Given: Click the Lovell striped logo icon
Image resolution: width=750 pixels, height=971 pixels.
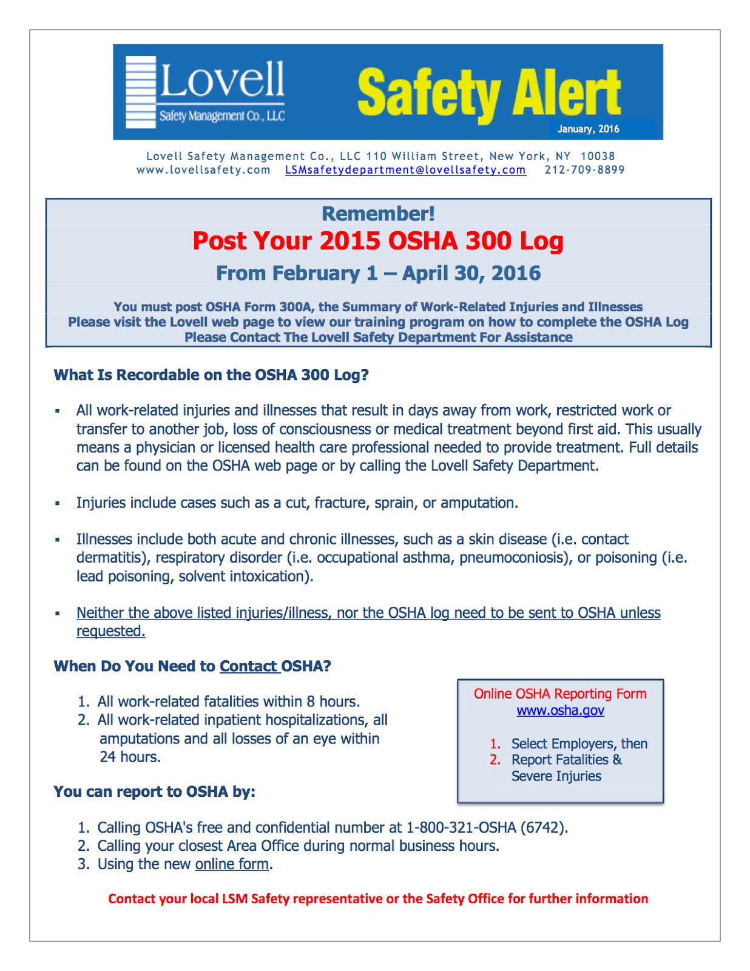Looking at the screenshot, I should pyautogui.click(x=140, y=92).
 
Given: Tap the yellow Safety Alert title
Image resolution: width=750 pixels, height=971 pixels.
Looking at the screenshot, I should pyautogui.click(x=488, y=92).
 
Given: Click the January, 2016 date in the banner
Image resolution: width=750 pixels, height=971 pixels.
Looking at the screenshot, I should pyautogui.click(x=588, y=129).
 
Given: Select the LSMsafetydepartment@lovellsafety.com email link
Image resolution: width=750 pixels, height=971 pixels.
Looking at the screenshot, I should pyautogui.click(x=405, y=170).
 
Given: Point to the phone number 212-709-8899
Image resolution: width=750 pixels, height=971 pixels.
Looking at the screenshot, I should pyautogui.click(x=584, y=170).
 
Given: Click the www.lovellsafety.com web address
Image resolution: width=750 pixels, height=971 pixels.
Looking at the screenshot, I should pyautogui.click(x=203, y=170).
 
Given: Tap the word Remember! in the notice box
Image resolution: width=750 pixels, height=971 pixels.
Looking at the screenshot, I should pyautogui.click(x=378, y=214).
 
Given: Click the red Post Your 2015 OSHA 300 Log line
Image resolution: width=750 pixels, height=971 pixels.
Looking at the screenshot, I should pyautogui.click(x=378, y=241).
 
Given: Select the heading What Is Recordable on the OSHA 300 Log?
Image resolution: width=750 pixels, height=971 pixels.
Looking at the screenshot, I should pyautogui.click(x=211, y=375).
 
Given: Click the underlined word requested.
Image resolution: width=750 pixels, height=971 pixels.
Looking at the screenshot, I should pyautogui.click(x=110, y=631).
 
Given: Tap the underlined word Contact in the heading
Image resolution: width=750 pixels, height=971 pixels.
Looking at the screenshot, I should pyautogui.click(x=248, y=666).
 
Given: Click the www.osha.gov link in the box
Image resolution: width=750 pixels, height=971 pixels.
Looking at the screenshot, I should pyautogui.click(x=560, y=710).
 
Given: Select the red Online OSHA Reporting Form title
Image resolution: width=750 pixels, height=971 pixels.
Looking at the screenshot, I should pyautogui.click(x=560, y=694).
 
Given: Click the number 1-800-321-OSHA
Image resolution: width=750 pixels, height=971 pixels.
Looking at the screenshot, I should pyautogui.click(x=461, y=828).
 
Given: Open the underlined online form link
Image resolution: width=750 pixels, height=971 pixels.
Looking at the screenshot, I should pyautogui.click(x=232, y=864).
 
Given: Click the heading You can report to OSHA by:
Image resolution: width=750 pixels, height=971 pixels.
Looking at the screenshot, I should pyautogui.click(x=154, y=792).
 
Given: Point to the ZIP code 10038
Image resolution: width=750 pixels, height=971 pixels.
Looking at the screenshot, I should pyautogui.click(x=598, y=156).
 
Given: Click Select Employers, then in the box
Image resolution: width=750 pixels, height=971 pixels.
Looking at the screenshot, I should pyautogui.click(x=579, y=744).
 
